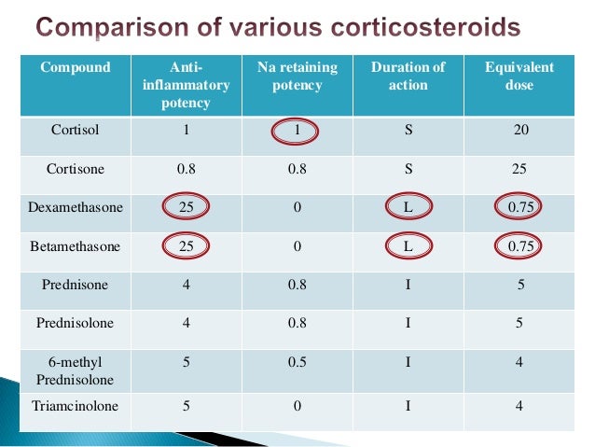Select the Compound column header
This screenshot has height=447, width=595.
click(x=75, y=67)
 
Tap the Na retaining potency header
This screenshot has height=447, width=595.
click(x=297, y=76)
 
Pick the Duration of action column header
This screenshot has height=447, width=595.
click(x=408, y=76)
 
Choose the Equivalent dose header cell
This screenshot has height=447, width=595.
click(x=519, y=76)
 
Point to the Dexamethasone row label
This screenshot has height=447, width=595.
click(x=75, y=207)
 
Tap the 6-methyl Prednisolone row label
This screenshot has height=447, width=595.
click(x=75, y=370)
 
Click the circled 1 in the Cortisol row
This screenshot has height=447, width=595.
click(x=297, y=130)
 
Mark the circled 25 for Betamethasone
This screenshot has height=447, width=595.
click(x=186, y=246)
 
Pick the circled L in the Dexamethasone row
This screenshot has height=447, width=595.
click(x=408, y=207)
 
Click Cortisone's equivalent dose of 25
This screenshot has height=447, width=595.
click(x=519, y=169)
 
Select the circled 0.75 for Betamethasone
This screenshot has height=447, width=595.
click(x=519, y=246)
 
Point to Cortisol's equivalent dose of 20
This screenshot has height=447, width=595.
click(x=519, y=130)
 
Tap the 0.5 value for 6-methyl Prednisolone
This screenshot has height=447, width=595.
click(x=297, y=362)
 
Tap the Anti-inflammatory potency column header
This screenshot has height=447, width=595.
click(x=186, y=84)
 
